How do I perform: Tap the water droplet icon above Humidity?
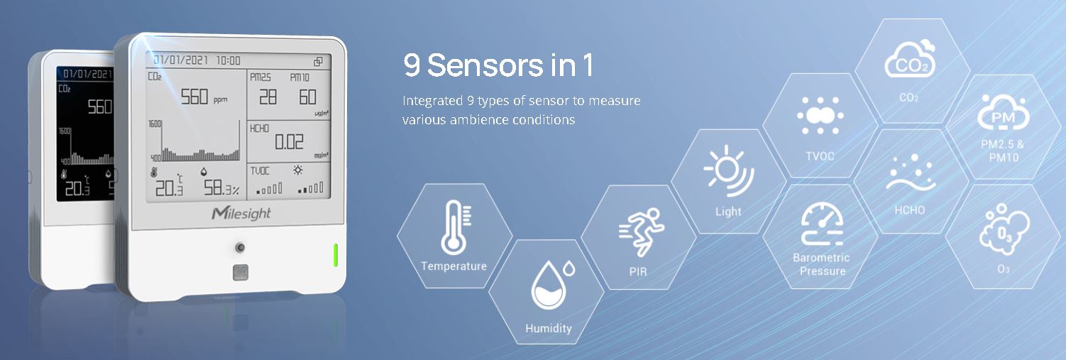click(x=552, y=285)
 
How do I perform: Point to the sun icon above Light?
click(x=728, y=171)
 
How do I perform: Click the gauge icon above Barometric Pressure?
click(x=822, y=224)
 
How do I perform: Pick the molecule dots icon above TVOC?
click(x=820, y=115)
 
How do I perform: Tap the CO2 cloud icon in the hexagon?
click(x=910, y=60)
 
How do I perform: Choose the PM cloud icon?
click(x=1003, y=112)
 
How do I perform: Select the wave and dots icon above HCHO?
click(x=911, y=173)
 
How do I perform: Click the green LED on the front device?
click(x=336, y=255)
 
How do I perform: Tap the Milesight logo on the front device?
click(x=241, y=213)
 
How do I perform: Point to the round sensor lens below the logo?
click(x=241, y=248)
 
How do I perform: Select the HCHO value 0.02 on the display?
click(x=289, y=141)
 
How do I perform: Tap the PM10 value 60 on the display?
click(x=307, y=97)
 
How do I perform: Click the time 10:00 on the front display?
click(x=229, y=60)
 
